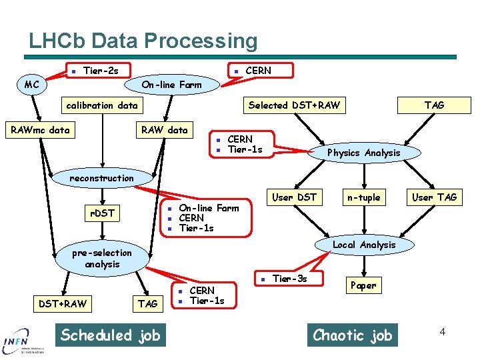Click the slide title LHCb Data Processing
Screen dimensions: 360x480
click(x=143, y=41)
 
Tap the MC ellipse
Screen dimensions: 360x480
click(x=32, y=85)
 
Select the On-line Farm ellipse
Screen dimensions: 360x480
click(x=171, y=85)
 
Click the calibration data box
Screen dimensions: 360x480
click(x=101, y=105)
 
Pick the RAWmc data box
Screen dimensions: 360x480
click(x=41, y=130)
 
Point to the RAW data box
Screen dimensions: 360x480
click(x=164, y=130)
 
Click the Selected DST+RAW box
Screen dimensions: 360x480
click(x=294, y=105)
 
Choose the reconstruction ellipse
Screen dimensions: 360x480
click(x=102, y=178)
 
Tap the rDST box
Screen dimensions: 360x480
click(x=103, y=213)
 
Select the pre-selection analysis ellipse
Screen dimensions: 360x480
click(x=102, y=259)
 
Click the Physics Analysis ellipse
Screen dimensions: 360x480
click(x=363, y=153)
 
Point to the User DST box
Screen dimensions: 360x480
click(x=294, y=197)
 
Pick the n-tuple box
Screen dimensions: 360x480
click(x=363, y=197)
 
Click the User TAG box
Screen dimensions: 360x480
click(x=434, y=197)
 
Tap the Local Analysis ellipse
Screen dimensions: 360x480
click(x=363, y=245)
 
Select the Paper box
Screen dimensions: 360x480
click(x=363, y=285)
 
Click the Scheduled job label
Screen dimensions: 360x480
click(x=111, y=335)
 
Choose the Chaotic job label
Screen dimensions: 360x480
click(x=353, y=335)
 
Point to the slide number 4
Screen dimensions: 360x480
click(x=441, y=331)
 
